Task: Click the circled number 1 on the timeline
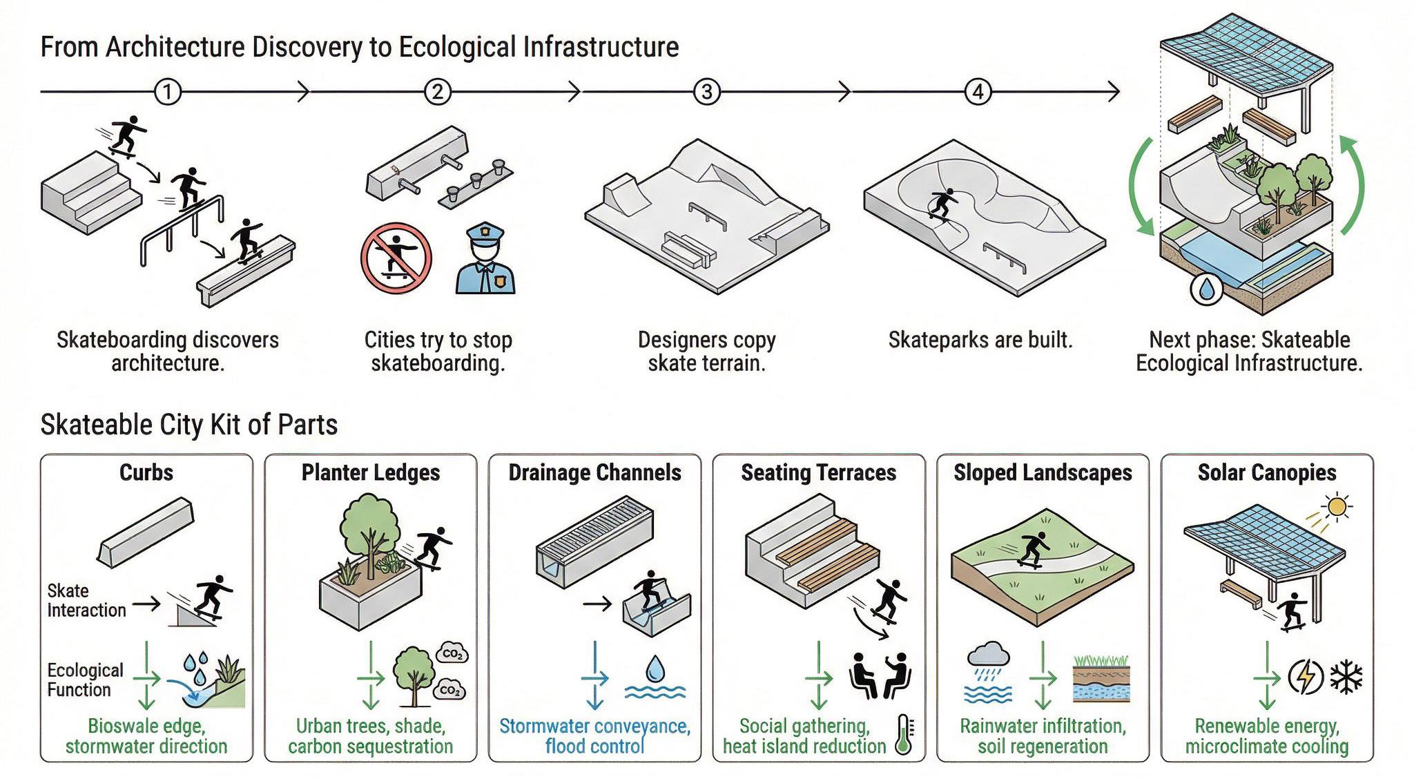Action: click(x=167, y=91)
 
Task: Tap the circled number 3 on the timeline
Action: click(x=706, y=91)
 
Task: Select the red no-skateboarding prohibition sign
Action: click(x=396, y=259)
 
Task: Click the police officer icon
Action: click(x=485, y=259)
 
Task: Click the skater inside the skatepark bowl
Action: click(x=942, y=204)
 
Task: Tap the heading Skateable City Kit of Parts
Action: click(x=189, y=425)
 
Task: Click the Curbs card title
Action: click(x=146, y=472)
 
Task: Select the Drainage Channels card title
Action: click(x=594, y=472)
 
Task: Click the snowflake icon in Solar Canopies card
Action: click(x=1346, y=677)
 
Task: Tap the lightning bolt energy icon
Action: click(x=1306, y=677)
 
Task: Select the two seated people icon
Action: click(x=878, y=675)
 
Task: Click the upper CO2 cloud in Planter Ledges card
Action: click(x=452, y=653)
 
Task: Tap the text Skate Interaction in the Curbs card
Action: click(x=86, y=600)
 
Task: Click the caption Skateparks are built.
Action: click(x=980, y=340)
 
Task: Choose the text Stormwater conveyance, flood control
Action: click(x=594, y=736)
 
